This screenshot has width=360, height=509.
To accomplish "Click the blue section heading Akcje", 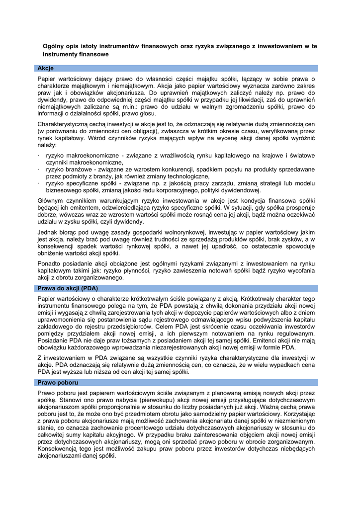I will tap(46, 68).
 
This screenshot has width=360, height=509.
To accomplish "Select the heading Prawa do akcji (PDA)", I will tap(68, 288).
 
